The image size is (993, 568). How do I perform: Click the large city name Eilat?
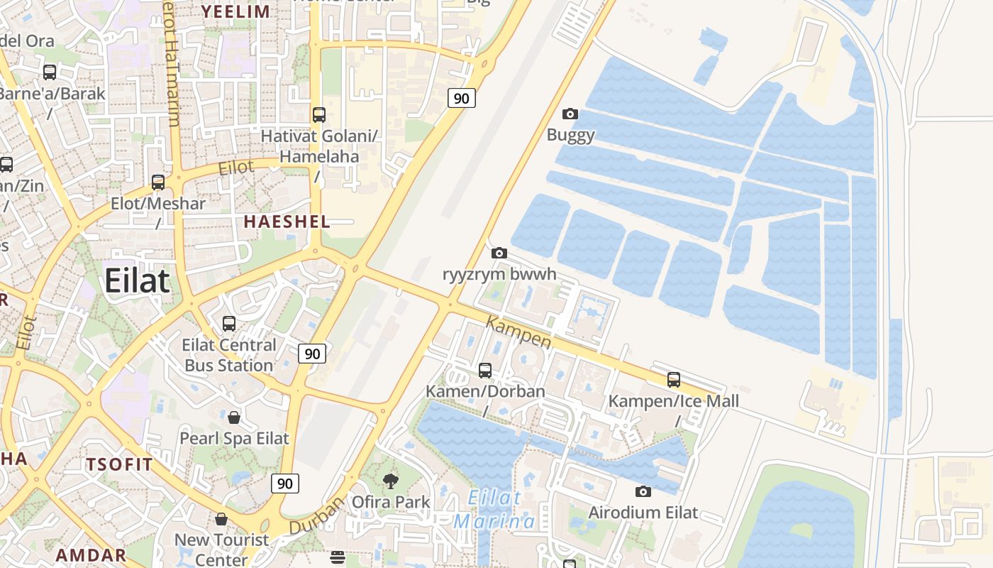pos(138,281)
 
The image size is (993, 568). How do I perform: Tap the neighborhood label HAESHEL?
pos(287,222)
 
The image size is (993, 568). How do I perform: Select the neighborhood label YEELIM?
pos(235,11)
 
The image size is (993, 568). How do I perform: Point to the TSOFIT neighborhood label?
pos(119,465)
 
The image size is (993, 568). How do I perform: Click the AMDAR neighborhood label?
pos(91,555)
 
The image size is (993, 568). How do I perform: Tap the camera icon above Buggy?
pos(570,114)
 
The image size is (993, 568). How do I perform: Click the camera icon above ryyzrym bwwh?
pos(499,253)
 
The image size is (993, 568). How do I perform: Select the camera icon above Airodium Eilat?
pos(643,491)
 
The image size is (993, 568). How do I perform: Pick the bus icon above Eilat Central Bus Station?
pos(229,324)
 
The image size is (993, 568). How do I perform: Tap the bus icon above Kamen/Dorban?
pos(485,370)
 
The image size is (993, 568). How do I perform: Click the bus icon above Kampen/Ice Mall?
pos(674,379)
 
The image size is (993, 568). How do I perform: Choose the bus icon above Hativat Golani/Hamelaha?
pos(319,114)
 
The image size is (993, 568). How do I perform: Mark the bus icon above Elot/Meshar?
pos(158,182)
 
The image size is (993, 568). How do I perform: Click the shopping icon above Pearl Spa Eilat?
pos(234,417)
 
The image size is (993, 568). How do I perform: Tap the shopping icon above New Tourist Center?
pos(221,519)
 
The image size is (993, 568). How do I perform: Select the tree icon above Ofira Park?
pos(391,481)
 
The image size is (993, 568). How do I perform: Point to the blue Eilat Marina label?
pos(495,510)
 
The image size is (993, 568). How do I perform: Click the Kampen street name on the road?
pos(518,332)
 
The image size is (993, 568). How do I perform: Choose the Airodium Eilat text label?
pos(643,513)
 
